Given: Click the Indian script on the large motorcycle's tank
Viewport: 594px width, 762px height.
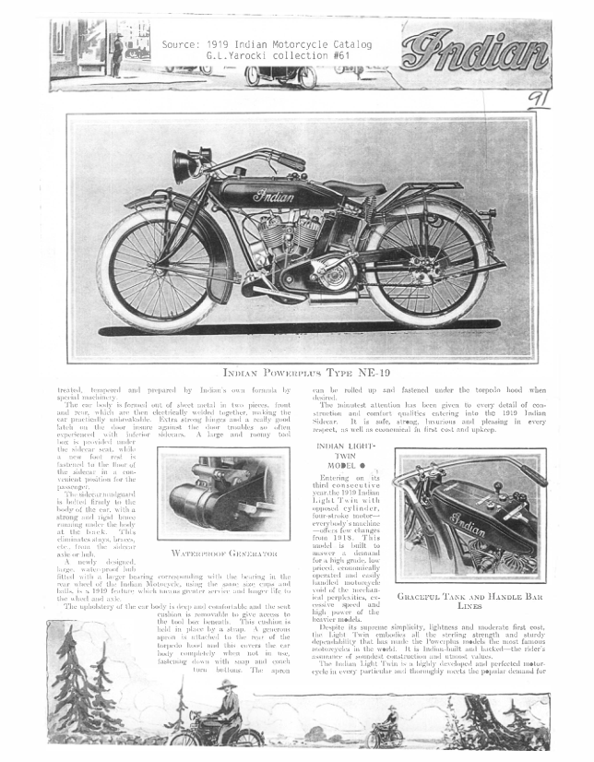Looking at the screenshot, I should click(273, 196).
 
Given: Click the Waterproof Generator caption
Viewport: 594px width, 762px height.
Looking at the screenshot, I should click(224, 554).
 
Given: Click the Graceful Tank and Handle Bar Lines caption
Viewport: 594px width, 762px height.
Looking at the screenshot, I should click(470, 601).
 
